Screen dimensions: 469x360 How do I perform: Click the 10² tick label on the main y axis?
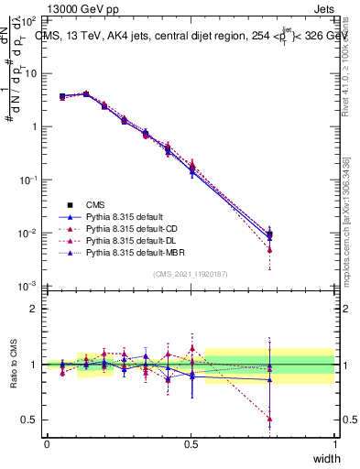29,20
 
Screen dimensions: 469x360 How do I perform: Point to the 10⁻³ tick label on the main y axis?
29,287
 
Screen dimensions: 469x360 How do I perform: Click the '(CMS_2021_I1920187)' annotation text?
191,273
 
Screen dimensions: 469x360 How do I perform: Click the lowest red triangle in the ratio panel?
270,419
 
